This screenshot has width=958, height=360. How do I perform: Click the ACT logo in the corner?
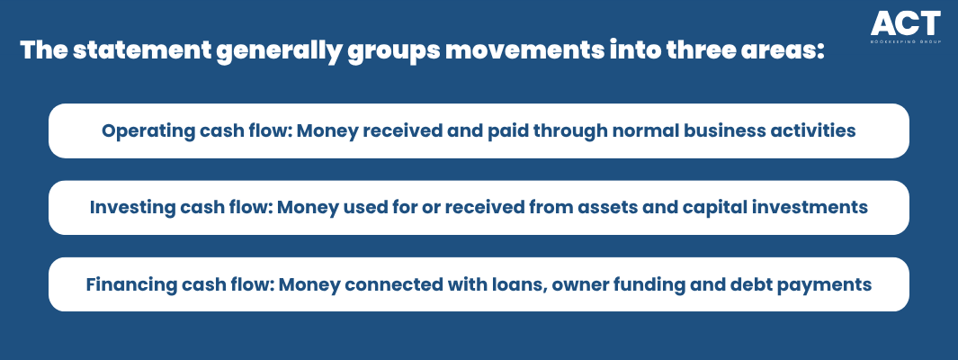click(906, 27)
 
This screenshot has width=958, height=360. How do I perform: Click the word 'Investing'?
click(124, 207)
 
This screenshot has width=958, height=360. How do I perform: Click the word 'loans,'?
click(523, 284)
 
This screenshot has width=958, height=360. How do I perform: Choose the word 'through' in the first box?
click(553, 130)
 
